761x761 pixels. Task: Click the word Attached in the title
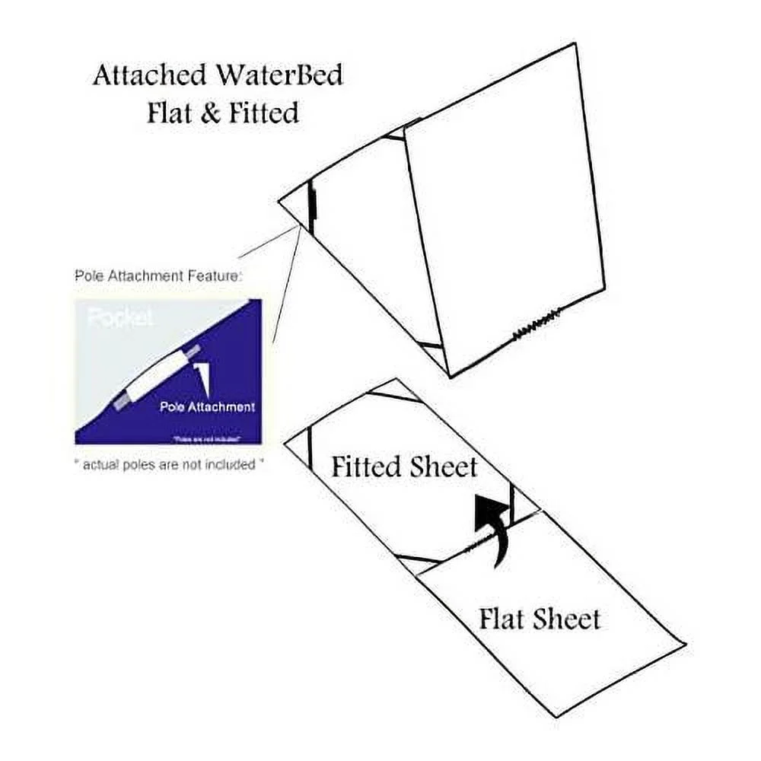tap(149, 76)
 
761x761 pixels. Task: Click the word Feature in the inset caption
tap(215, 276)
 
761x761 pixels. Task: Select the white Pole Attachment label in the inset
tap(207, 406)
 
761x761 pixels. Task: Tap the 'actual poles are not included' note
tap(169, 464)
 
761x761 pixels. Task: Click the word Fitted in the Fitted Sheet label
tap(365, 466)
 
